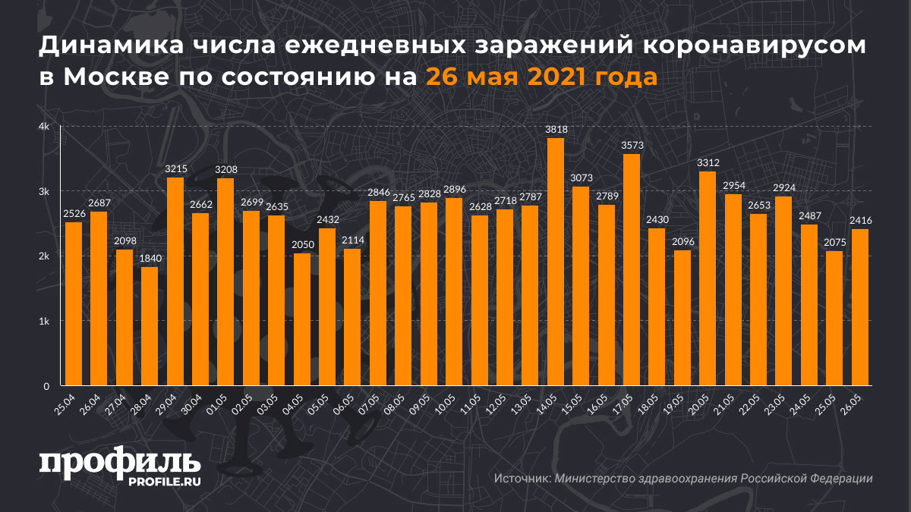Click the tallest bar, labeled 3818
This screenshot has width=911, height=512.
pyautogui.click(x=556, y=262)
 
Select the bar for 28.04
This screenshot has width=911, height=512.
pyautogui.click(x=150, y=326)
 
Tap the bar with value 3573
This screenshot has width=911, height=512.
pyautogui.click(x=632, y=270)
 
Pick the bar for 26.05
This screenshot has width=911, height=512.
pyautogui.click(x=860, y=307)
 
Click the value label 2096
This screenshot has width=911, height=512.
pyautogui.click(x=682, y=242)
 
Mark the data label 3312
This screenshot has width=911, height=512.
pyautogui.click(x=708, y=163)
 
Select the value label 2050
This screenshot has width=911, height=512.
pyautogui.click(x=301, y=244)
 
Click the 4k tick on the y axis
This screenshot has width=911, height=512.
pyautogui.click(x=45, y=127)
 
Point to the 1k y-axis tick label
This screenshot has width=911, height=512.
pyautogui.click(x=45, y=321)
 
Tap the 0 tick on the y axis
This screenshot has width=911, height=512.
pyautogui.click(x=46, y=386)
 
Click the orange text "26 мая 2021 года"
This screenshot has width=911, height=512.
pyautogui.click(x=541, y=77)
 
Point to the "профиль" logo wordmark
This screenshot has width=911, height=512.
pyautogui.click(x=119, y=462)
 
